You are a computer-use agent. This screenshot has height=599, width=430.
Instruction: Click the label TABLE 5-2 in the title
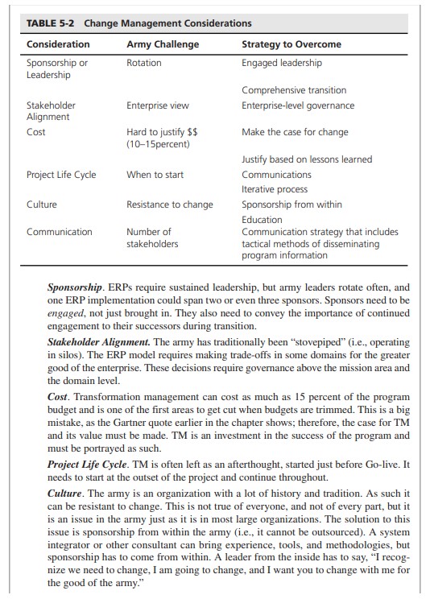pyautogui.click(x=52, y=23)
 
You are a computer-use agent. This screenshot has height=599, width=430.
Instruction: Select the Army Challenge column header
pyautogui.click(x=163, y=43)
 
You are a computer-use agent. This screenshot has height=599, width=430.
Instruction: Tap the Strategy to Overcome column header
pyautogui.click(x=291, y=43)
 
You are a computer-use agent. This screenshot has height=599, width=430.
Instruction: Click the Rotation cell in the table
pyautogui.click(x=144, y=63)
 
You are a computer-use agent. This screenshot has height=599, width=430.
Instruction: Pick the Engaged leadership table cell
pyautogui.click(x=282, y=63)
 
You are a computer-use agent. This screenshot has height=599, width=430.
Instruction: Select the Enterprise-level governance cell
pyautogui.click(x=298, y=105)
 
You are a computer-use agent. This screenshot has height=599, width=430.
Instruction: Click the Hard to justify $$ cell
pyautogui.click(x=163, y=132)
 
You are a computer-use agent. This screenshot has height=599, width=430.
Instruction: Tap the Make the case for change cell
pyautogui.click(x=296, y=132)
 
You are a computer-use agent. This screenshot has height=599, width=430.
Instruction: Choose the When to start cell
pyautogui.click(x=155, y=174)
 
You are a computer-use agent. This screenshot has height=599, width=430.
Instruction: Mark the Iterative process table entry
pyautogui.click(x=275, y=188)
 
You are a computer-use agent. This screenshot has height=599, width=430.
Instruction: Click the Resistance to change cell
pyautogui.click(x=170, y=204)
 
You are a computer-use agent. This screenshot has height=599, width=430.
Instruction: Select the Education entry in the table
pyautogui.click(x=263, y=219)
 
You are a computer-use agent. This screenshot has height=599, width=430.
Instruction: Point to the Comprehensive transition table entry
pyautogui.click(x=294, y=90)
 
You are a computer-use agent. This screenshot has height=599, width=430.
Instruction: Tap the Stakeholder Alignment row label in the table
pyautogui.click(x=51, y=111)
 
